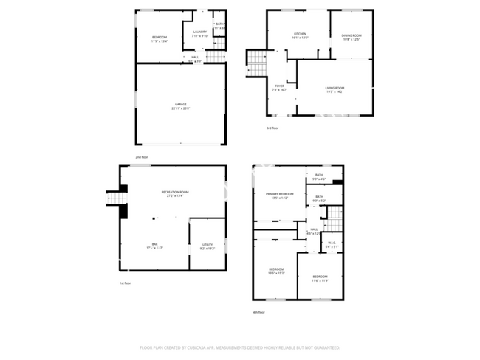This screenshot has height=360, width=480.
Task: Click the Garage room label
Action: tap(181, 104)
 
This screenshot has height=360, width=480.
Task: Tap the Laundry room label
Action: tap(200, 32)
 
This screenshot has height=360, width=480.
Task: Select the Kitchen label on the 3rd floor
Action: tap(300, 34)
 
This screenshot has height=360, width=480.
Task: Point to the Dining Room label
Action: tap(352, 35)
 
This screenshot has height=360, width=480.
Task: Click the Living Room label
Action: tap(335, 88)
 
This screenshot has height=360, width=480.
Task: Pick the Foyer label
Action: tap(280, 86)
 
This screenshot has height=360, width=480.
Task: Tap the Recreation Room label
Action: tap(175, 192)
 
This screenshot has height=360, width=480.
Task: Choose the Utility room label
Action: tap(206, 245)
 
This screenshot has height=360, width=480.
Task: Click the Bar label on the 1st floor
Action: tap(155, 244)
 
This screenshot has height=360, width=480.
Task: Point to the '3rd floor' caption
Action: tap(272, 128)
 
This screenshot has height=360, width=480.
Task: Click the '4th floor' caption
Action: tap(258, 312)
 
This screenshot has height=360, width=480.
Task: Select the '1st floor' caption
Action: tap(126, 283)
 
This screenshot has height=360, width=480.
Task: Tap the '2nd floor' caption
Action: tap(141, 158)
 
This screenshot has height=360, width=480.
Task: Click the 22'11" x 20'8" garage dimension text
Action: tap(181, 108)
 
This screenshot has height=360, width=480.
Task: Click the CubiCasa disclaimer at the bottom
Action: tap(240, 347)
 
